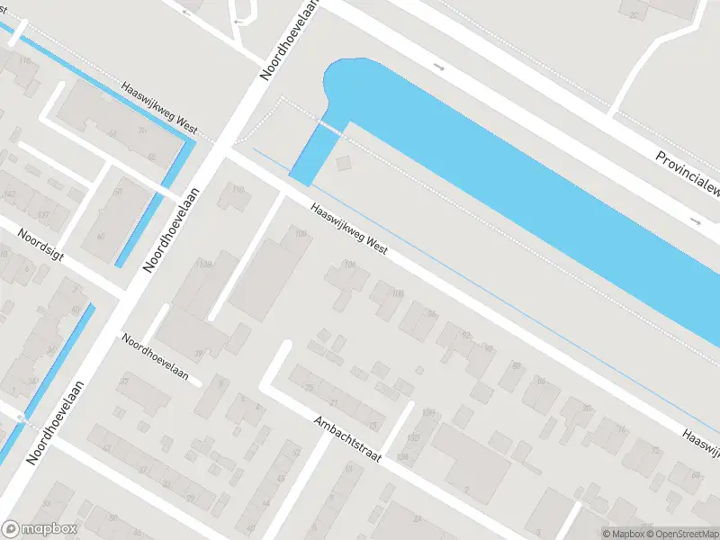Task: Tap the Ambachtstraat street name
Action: tap(348, 439)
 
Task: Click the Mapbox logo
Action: tap(39, 529)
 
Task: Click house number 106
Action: tap(300, 234)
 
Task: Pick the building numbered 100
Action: tap(398, 294)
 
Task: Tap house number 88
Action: tap(540, 382)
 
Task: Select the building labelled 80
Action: tap(586, 409)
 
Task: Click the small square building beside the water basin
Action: tap(343, 164)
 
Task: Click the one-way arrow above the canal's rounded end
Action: tap(439, 67)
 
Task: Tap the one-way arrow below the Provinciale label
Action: tap(695, 220)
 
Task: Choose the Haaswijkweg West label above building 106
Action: tap(349, 229)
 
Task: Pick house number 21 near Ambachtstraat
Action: tap(334, 402)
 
